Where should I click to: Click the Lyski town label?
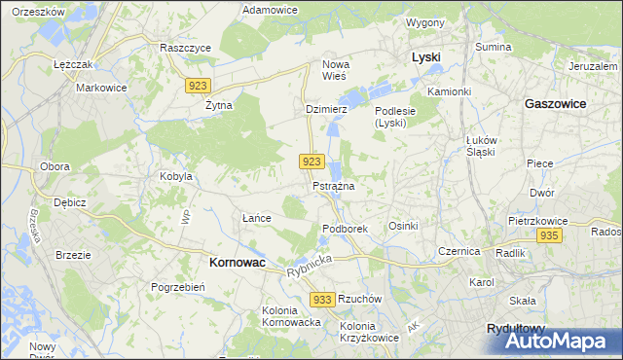click(425, 57)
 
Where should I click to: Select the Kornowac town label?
click(239, 262)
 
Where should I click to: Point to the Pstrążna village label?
click(333, 186)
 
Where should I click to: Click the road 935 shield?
click(550, 236)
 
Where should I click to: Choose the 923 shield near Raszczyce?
click(198, 86)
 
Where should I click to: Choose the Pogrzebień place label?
click(176, 287)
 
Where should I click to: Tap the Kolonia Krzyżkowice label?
click(371, 331)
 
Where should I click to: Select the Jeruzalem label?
click(595, 65)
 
